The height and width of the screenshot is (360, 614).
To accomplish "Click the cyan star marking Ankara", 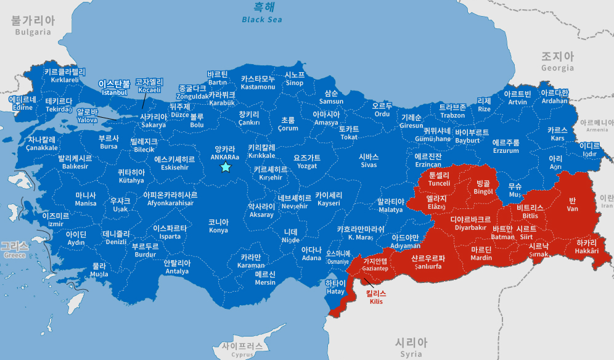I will pos(226,167).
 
